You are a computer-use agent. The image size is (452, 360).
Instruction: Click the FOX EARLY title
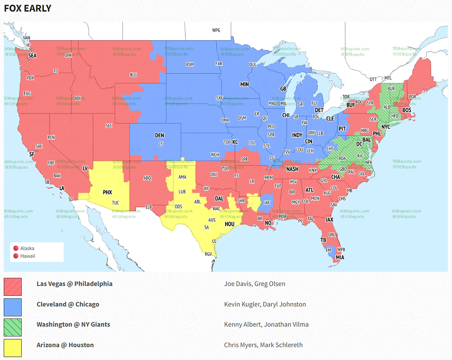28,8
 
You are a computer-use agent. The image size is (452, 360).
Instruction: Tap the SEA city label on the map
32,55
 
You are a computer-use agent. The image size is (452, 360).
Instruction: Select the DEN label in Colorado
159,135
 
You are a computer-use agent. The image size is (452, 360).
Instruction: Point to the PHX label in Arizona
107,192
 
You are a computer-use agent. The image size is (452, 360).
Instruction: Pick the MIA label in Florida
340,257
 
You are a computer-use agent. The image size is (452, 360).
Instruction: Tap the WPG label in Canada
216,30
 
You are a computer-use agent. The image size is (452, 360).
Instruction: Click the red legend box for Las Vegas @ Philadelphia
12,286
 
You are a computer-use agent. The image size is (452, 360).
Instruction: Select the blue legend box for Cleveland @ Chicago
12,307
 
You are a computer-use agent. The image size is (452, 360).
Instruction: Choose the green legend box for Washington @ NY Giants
12,327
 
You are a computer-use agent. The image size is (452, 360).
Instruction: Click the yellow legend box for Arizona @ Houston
12,348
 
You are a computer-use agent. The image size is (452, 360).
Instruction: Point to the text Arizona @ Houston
65,345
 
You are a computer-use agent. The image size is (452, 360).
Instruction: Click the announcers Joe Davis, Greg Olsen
255,284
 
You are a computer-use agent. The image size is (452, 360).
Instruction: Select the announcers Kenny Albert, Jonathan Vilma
266,324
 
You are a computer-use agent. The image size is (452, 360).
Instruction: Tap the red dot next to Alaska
16,248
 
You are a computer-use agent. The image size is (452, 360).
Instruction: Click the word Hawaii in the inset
28,256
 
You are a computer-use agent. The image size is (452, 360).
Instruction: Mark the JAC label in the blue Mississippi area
267,202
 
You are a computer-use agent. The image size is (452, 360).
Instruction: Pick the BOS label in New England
407,110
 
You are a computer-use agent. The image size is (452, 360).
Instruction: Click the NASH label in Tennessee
292,169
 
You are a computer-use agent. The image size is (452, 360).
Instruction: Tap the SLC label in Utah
109,126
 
